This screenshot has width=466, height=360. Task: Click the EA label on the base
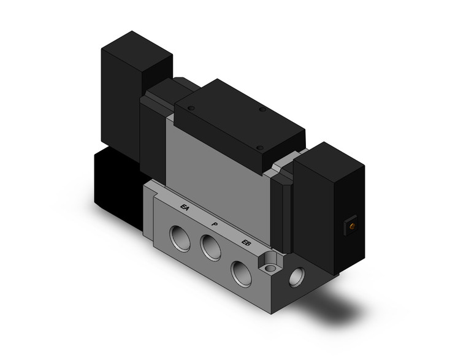tap(185, 209)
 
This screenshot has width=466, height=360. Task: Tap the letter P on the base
tap(214, 225)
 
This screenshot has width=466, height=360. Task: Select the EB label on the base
tap(246, 243)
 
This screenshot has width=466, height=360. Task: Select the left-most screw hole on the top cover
tap(191, 108)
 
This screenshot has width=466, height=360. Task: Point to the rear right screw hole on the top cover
tap(262, 110)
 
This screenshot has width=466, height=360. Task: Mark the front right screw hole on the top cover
tap(259, 148)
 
